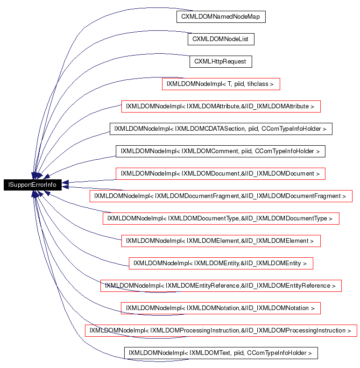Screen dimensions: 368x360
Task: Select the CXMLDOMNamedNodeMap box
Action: (221, 17)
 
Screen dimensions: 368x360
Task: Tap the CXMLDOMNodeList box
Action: (221, 39)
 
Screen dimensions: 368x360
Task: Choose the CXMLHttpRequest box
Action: (221, 62)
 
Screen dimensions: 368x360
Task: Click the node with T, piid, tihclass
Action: (221, 84)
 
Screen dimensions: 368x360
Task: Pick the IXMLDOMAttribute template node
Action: (221, 106)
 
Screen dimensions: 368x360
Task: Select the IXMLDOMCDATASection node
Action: (221, 129)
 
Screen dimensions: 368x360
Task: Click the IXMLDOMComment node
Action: (220, 151)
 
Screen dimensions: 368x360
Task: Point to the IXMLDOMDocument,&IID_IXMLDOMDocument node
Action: (220, 174)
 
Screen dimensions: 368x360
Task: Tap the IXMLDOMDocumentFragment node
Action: (220, 196)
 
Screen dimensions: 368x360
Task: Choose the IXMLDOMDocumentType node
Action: (220, 219)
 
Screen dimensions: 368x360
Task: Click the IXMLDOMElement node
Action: (221, 241)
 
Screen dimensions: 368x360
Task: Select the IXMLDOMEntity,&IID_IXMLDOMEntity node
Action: (221, 263)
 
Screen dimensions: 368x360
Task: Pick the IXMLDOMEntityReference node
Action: (221, 286)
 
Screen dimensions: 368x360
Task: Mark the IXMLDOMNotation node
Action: (221, 308)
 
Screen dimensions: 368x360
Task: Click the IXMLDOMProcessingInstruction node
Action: (220, 331)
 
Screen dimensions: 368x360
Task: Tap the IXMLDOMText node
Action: (221, 353)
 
